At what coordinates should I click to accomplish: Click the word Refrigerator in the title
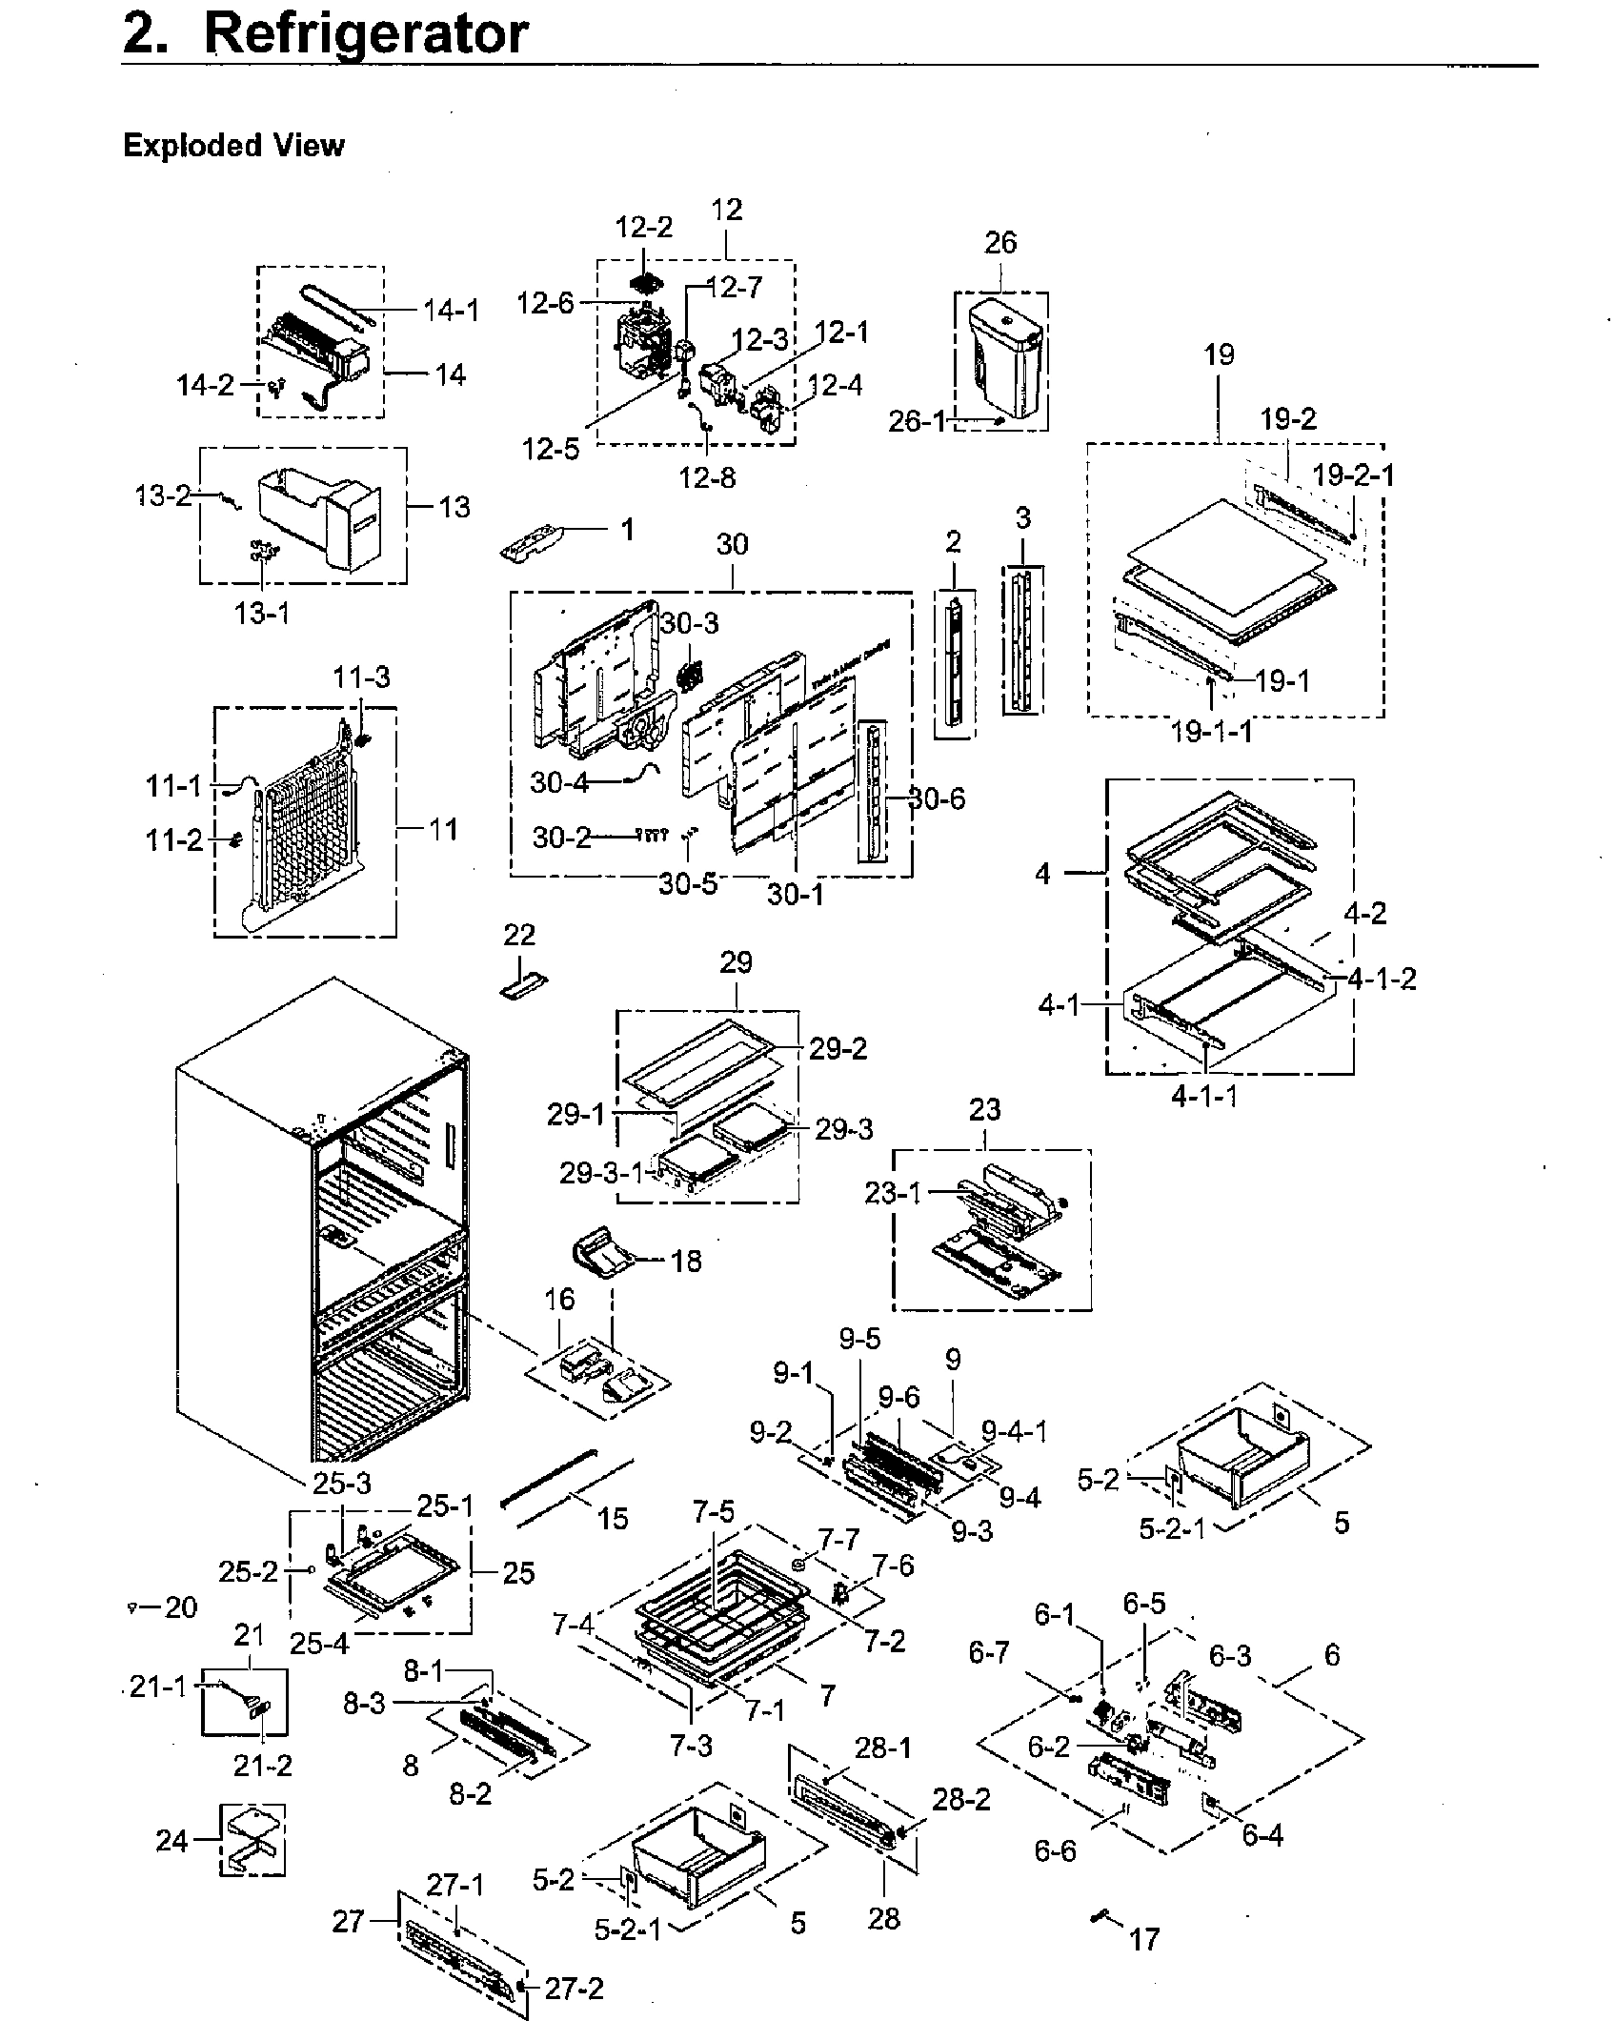pyautogui.click(x=366, y=34)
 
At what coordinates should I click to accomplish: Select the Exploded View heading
pyautogui.click(x=233, y=146)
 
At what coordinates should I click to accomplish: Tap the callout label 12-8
pyautogui.click(x=707, y=477)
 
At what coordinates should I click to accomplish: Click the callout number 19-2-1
pyautogui.click(x=1353, y=475)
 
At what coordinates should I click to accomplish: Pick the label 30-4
pyautogui.click(x=559, y=782)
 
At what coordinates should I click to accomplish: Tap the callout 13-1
pyautogui.click(x=262, y=614)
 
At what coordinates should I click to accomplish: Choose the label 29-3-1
pyautogui.click(x=601, y=1173)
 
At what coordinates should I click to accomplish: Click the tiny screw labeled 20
pyautogui.click(x=131, y=1607)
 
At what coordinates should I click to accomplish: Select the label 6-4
pyautogui.click(x=1262, y=1834)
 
